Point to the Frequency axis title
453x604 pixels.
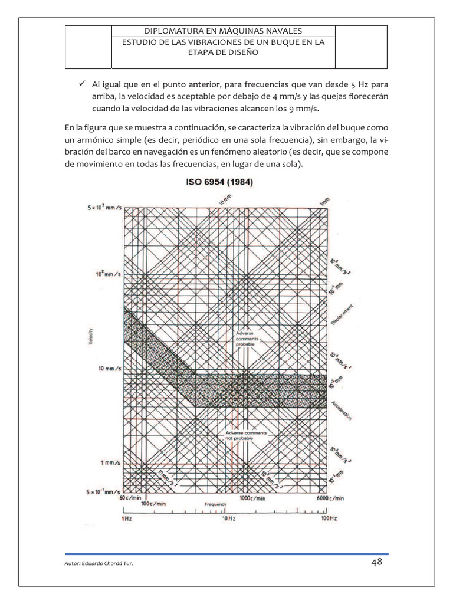coord(216,505)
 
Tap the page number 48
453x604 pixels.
coord(377,562)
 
